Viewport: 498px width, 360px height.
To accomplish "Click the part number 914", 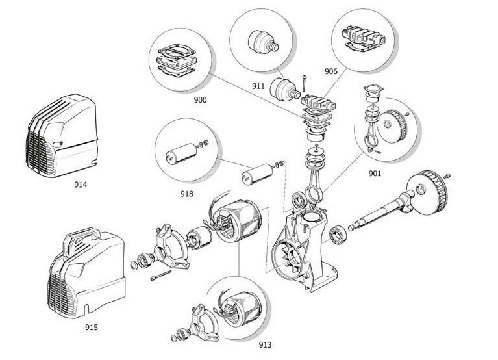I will [81, 185].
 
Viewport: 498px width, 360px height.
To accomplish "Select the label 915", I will [91, 328].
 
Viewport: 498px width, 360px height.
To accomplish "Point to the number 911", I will [258, 84].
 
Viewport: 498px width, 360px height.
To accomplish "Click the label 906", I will [330, 72].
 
